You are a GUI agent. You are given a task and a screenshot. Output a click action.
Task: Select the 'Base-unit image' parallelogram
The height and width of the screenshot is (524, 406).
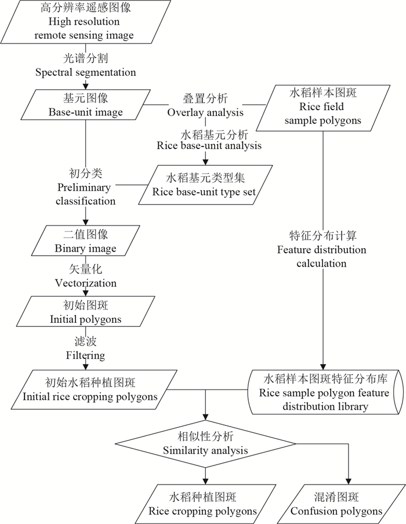coord(85,105)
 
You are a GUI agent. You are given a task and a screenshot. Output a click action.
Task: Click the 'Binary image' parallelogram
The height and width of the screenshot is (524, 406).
coord(85,241)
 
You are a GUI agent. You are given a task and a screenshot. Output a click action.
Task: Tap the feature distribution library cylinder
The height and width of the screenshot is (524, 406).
coord(325,392)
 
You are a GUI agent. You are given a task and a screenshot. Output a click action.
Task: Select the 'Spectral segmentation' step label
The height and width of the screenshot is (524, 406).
coord(85,65)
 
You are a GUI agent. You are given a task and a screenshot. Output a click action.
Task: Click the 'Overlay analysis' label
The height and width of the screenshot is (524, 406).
coord(205,105)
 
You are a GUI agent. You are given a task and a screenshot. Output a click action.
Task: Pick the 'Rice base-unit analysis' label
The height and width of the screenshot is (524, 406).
coord(209,139)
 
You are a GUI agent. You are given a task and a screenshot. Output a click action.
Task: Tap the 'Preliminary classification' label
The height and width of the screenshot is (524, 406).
coord(85,187)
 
